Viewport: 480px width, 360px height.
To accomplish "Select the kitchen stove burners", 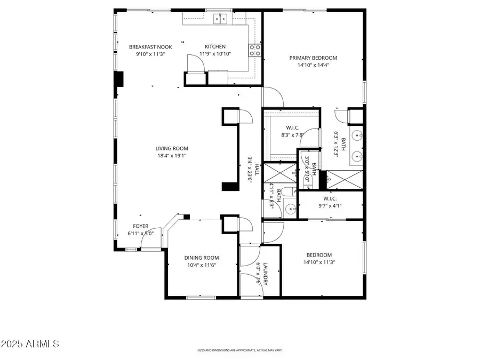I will (255, 50).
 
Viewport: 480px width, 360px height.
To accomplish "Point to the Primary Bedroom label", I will (313, 58).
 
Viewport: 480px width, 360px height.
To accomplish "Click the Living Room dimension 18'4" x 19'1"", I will (171, 156).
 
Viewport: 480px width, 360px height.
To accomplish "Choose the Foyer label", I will (140, 226).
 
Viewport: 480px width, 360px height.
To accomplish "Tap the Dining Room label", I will (202, 258).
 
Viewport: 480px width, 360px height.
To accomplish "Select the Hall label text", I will (257, 170).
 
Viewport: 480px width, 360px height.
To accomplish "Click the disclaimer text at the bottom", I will (239, 350).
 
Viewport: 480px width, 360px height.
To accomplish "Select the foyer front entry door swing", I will (150, 242).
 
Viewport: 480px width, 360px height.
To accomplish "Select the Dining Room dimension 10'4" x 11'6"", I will (202, 265).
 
